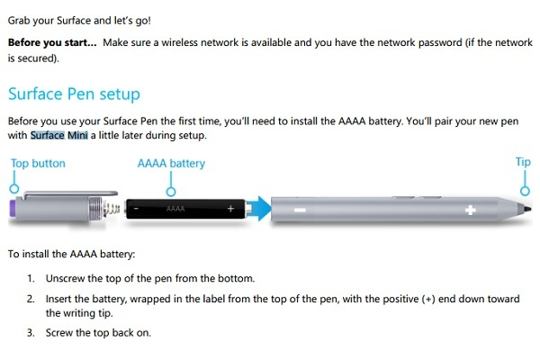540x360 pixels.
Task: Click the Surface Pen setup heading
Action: pos(74,94)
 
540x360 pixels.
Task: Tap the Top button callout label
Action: pos(38,163)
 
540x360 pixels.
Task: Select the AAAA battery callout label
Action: pos(171,163)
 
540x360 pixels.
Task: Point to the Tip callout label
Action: pos(523,162)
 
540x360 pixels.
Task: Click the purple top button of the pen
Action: pos(12,209)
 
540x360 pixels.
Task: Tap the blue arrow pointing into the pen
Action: pos(259,209)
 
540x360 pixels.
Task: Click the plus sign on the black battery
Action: pos(230,209)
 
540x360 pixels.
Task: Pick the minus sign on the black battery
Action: pos(137,209)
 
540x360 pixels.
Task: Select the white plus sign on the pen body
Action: pos(471,210)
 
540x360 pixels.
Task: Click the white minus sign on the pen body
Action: pos(300,210)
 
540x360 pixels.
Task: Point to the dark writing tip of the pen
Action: pos(527,209)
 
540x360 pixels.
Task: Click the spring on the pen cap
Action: pos(111,209)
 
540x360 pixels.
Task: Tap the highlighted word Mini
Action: pos(77,135)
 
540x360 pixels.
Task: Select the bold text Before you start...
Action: pos(52,42)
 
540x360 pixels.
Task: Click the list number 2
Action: pos(31,299)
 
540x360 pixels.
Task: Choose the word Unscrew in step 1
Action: pos(65,278)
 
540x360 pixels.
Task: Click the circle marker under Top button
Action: pos(14,188)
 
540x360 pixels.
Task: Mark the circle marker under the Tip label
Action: pos(525,191)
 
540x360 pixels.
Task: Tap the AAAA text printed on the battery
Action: pos(175,209)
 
